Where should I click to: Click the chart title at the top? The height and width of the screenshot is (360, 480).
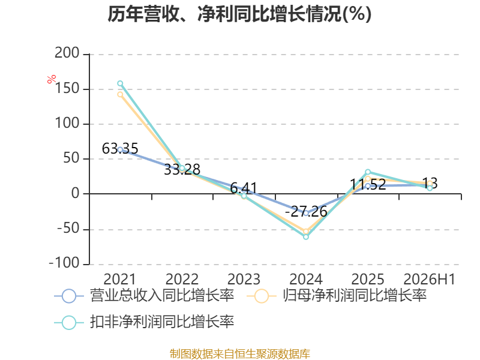pos(239,14)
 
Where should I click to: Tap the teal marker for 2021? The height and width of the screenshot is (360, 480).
pos(121,83)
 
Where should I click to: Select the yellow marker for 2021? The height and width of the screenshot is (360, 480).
pos(121,95)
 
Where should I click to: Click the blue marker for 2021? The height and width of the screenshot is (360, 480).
pos(121,149)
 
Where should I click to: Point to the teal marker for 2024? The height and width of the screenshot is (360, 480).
pos(306,236)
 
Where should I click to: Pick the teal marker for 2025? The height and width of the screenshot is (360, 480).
pos(368,172)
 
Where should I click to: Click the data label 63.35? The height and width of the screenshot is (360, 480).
pos(120,149)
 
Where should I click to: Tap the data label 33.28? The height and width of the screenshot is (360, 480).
pos(182,170)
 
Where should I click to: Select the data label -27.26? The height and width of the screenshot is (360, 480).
pos(306,212)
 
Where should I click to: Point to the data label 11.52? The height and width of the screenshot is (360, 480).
pos(368,185)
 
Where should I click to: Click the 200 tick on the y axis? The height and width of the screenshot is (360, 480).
pos(67,53)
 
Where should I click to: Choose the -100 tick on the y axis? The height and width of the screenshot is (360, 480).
pos(64,263)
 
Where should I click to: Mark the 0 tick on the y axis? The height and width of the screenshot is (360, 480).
pos(76,193)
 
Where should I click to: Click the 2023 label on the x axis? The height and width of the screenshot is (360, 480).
pos(244,279)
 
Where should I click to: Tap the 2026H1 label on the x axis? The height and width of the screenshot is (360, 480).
pos(430,279)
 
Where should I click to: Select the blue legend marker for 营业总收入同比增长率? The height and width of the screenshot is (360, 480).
pos(69,296)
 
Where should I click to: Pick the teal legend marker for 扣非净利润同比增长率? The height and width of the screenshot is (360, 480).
pos(69,322)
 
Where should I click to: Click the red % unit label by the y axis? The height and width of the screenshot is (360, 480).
pos(52,79)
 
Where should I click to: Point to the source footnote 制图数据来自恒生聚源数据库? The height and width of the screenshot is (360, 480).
pos(240,354)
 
